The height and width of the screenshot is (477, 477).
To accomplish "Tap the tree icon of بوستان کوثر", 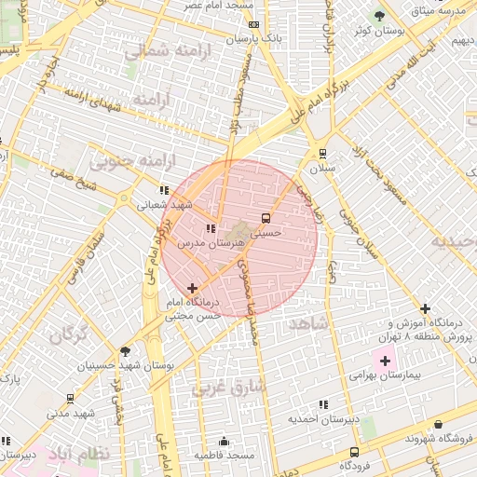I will point(378,16).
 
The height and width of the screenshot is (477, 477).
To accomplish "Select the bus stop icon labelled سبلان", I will point(322,154).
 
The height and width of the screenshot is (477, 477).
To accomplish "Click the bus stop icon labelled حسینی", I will point(267,218).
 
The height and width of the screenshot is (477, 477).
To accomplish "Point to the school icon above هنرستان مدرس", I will point(211,227).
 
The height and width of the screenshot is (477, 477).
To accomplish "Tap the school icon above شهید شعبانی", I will point(164,190).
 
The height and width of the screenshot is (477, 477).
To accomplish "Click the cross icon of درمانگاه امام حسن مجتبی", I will point(193,289).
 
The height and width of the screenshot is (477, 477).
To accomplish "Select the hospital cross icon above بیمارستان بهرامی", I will point(384,360).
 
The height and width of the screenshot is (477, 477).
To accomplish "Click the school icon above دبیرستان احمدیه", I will point(323,404).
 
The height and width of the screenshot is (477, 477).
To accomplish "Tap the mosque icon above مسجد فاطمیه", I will point(224,441).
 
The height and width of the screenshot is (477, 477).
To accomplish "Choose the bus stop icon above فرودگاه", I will point(353,451).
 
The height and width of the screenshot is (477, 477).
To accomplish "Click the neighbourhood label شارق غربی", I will point(229,387).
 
